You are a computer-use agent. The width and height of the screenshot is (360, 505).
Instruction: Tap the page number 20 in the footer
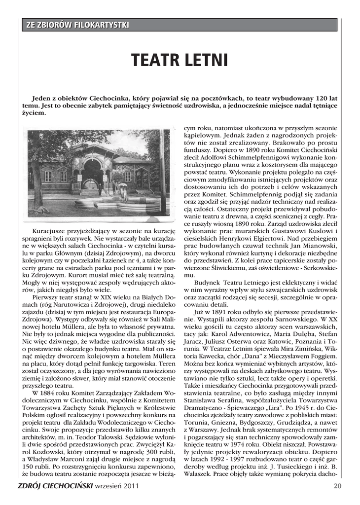click(337, 486)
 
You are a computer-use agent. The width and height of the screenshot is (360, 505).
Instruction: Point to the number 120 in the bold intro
click(314, 99)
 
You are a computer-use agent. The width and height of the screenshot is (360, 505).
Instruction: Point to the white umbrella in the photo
click(122, 184)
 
